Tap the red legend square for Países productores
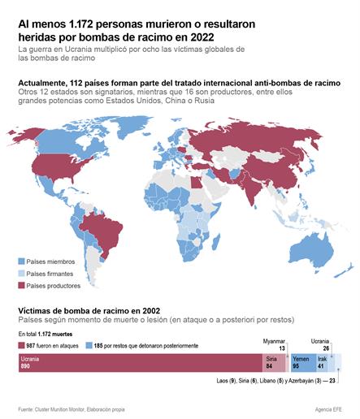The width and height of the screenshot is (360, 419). tap(21, 286)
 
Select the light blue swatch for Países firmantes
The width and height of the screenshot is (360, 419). tap(21, 274)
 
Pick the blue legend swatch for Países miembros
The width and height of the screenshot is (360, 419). tap(21, 261)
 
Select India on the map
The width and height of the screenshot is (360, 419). tap(250, 189)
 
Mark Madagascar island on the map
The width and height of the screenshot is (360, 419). tap(215, 242)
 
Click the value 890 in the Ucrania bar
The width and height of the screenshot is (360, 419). tap(25, 366)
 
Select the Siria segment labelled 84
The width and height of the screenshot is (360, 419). tap(274, 363)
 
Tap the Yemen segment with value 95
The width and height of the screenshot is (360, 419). tap(304, 363)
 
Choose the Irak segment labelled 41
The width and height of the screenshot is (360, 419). tap(322, 363)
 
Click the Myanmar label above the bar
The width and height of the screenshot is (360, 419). tap(274, 342)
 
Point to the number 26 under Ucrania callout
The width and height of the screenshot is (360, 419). tap(326, 348)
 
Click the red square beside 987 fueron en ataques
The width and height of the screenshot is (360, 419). tap(21, 346)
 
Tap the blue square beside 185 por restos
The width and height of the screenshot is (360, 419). tap(89, 346)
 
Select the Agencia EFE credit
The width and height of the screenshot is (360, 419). tap(328, 409)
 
